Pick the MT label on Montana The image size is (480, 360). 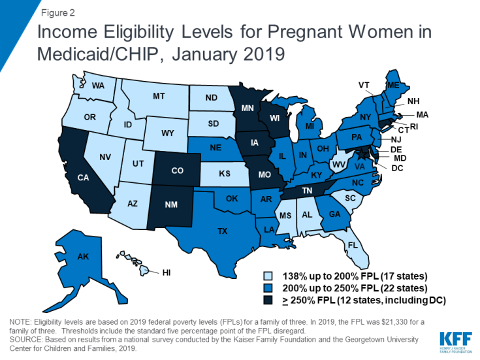pyautogui.click(x=159, y=96)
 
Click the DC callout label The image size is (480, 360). pyautogui.click(x=398, y=168)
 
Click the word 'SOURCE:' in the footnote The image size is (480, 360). pyautogui.click(x=25, y=339)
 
